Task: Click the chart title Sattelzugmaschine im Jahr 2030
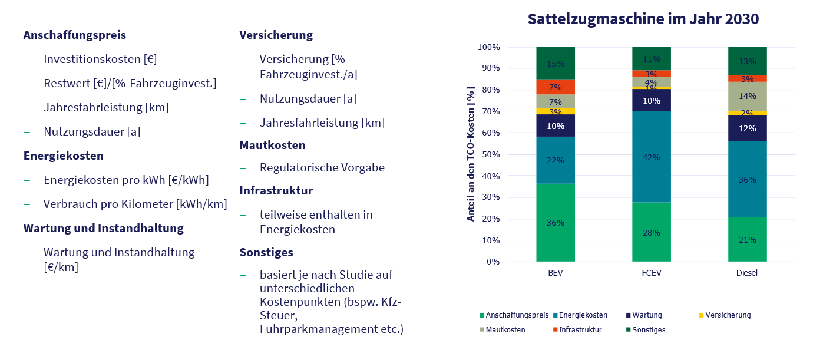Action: click(x=643, y=19)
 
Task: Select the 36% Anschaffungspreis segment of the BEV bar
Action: click(x=555, y=223)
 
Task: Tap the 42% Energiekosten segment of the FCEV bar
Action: click(x=651, y=157)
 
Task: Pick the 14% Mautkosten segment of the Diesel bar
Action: click(x=747, y=96)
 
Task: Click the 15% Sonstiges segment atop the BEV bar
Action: click(x=555, y=63)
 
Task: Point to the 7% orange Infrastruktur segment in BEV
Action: click(x=555, y=87)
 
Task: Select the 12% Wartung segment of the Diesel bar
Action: click(x=747, y=128)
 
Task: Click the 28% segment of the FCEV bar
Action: click(x=651, y=232)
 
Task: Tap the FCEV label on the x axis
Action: click(x=651, y=274)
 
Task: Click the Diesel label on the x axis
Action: click(x=747, y=274)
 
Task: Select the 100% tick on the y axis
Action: click(x=488, y=47)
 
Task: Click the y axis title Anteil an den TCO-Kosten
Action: click(x=471, y=154)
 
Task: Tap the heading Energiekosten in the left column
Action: click(x=64, y=156)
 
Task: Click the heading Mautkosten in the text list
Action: click(x=272, y=145)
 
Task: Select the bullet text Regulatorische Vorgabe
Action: click(x=322, y=168)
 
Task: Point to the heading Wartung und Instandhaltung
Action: click(x=103, y=228)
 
